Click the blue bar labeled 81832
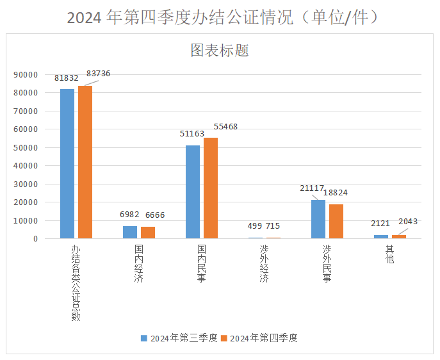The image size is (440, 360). (x=67, y=163)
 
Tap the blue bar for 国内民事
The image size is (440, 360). (x=193, y=192)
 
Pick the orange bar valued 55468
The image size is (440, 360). (x=211, y=188)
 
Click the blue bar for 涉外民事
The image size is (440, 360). (x=318, y=219)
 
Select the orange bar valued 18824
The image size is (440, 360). (x=336, y=221)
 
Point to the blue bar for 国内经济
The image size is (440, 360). (x=130, y=232)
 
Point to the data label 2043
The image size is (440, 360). (x=408, y=222)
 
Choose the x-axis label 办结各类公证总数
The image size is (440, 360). (x=76, y=282)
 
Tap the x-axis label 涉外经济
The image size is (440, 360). (x=265, y=263)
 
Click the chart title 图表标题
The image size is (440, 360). (x=220, y=51)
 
